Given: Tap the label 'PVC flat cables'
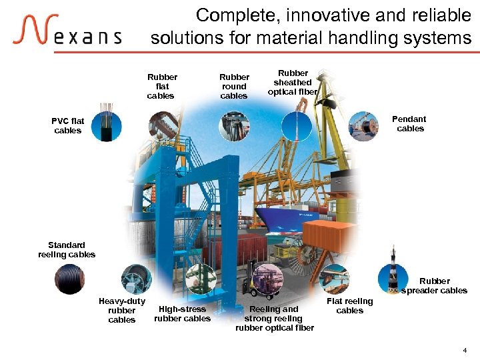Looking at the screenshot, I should pos(68,126).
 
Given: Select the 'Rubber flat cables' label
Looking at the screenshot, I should pos(162,87).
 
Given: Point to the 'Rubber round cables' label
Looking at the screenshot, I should pos(234,87).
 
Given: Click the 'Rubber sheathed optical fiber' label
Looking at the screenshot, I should pos(293,83).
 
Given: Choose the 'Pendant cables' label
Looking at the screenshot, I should pos(409,124).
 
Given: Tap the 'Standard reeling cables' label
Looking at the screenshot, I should pos(67,250).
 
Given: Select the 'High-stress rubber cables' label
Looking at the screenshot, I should pos(182,314).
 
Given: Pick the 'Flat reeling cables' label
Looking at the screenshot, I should pos(350,306).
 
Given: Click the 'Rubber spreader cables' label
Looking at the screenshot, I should pos(434,286).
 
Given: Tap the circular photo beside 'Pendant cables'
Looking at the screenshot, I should pos(364,126).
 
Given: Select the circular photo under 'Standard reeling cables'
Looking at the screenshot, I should pos(69,279).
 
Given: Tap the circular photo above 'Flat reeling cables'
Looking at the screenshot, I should pos(335,279).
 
